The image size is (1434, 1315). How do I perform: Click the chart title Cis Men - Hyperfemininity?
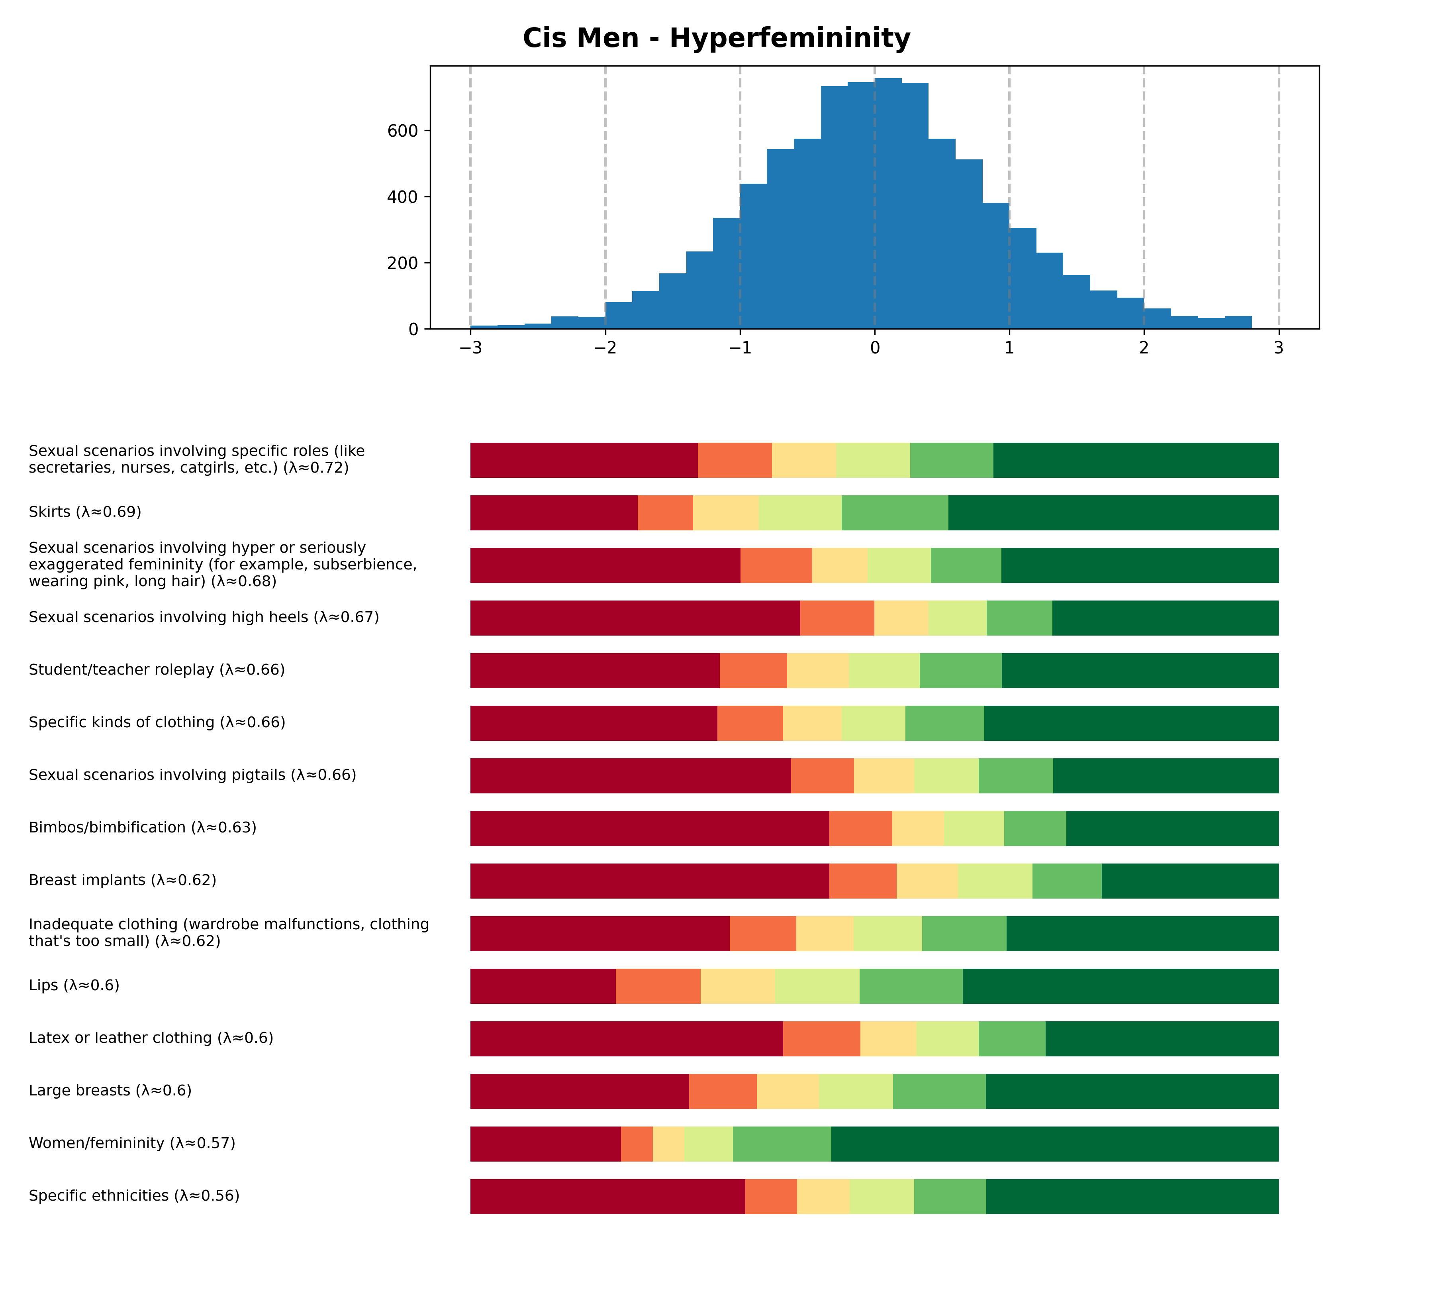coord(716,38)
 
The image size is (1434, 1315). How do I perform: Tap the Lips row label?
coord(74,985)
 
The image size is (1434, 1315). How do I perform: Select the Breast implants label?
coord(122,880)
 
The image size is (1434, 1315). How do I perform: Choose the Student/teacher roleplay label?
coord(157,669)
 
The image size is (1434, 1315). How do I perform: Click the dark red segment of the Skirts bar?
coord(553,512)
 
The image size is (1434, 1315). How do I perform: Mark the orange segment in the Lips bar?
coord(658,985)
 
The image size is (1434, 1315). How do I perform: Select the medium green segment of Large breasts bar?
coord(939,1091)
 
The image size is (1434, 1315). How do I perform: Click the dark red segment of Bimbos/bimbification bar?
coord(649,828)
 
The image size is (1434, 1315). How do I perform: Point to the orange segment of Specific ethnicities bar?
coord(771,1196)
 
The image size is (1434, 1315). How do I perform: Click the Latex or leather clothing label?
coord(151,1038)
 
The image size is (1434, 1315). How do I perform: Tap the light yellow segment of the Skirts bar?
coord(725,512)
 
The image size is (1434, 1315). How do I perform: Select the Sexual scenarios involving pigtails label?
coord(192,775)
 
